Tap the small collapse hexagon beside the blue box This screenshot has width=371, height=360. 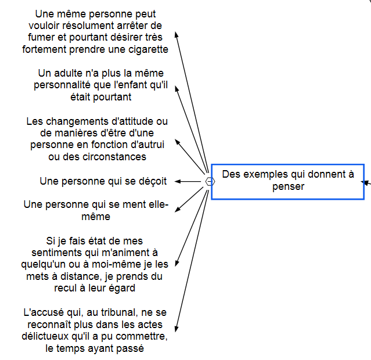tap(210, 182)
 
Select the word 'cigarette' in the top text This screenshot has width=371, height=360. tap(149, 49)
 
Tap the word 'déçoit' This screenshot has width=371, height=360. tap(153, 182)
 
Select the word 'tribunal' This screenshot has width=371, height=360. tap(120, 312)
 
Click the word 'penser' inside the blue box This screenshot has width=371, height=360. tap(288, 187)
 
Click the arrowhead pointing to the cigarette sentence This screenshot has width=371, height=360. tap(177, 35)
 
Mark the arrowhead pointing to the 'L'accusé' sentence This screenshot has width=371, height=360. tap(177, 329)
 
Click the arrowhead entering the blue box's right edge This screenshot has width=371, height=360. tap(364, 182)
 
